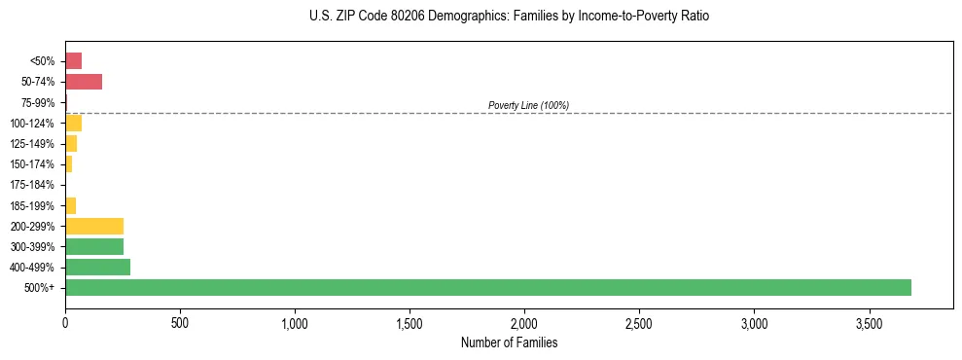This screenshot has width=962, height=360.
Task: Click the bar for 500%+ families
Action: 487,287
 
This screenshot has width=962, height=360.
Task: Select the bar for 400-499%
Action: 97,267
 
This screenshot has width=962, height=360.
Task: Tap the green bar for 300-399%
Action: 94,246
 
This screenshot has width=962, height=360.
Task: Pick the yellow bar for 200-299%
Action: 94,226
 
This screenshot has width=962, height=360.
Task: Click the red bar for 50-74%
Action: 84,82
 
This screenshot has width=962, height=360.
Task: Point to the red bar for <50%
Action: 73,61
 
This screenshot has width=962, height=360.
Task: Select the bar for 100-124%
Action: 73,123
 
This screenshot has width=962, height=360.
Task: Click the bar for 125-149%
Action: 71,144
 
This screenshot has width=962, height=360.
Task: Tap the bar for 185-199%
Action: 70,205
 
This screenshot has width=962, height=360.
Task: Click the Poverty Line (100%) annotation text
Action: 528,105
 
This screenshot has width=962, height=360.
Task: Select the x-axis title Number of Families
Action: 509,342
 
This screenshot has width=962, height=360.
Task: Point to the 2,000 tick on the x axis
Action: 524,323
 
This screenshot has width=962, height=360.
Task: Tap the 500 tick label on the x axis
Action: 180,323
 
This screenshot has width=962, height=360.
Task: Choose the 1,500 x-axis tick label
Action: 410,323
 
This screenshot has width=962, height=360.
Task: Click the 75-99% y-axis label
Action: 39,102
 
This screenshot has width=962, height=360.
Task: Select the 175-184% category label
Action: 34,185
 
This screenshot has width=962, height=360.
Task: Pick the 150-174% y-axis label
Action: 34,164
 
